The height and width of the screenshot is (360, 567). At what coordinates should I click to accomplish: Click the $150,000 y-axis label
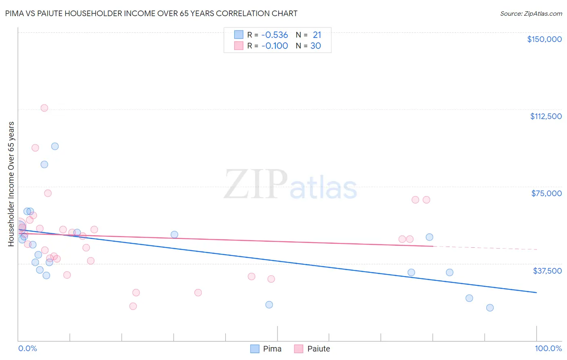[x=544, y=39]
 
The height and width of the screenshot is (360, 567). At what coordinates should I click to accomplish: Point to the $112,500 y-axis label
[x=546, y=116]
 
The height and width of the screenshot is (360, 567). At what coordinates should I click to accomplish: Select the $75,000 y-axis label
[x=546, y=193]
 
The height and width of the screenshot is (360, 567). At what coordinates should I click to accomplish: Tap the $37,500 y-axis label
[x=547, y=271]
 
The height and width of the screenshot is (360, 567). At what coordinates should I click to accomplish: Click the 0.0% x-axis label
[x=27, y=348]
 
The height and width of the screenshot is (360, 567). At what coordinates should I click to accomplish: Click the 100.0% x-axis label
[x=548, y=348]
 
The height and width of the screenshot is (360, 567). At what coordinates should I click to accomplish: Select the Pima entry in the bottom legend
[x=272, y=349]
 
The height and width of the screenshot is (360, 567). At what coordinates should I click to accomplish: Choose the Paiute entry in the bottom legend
[x=318, y=349]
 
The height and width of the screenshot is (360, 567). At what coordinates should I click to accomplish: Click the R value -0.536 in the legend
[x=274, y=35]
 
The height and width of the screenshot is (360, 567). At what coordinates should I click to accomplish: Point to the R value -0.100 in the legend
[x=274, y=46]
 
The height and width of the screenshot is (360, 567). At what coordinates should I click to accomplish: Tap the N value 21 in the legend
[x=317, y=35]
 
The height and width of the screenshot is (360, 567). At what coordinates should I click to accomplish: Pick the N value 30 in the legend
[x=315, y=46]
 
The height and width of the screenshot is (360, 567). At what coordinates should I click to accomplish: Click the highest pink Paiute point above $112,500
[x=44, y=108]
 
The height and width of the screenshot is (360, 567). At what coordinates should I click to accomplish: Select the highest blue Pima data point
[x=55, y=146]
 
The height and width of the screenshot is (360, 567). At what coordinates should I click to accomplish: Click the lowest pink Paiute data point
[x=133, y=306]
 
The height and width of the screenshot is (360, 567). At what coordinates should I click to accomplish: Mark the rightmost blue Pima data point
[x=490, y=308]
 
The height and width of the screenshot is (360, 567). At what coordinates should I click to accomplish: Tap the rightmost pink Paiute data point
[x=426, y=200]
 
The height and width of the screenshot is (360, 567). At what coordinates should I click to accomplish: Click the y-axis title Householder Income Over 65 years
[x=11, y=184]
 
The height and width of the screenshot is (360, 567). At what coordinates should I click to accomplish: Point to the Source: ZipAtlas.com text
[x=531, y=14]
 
